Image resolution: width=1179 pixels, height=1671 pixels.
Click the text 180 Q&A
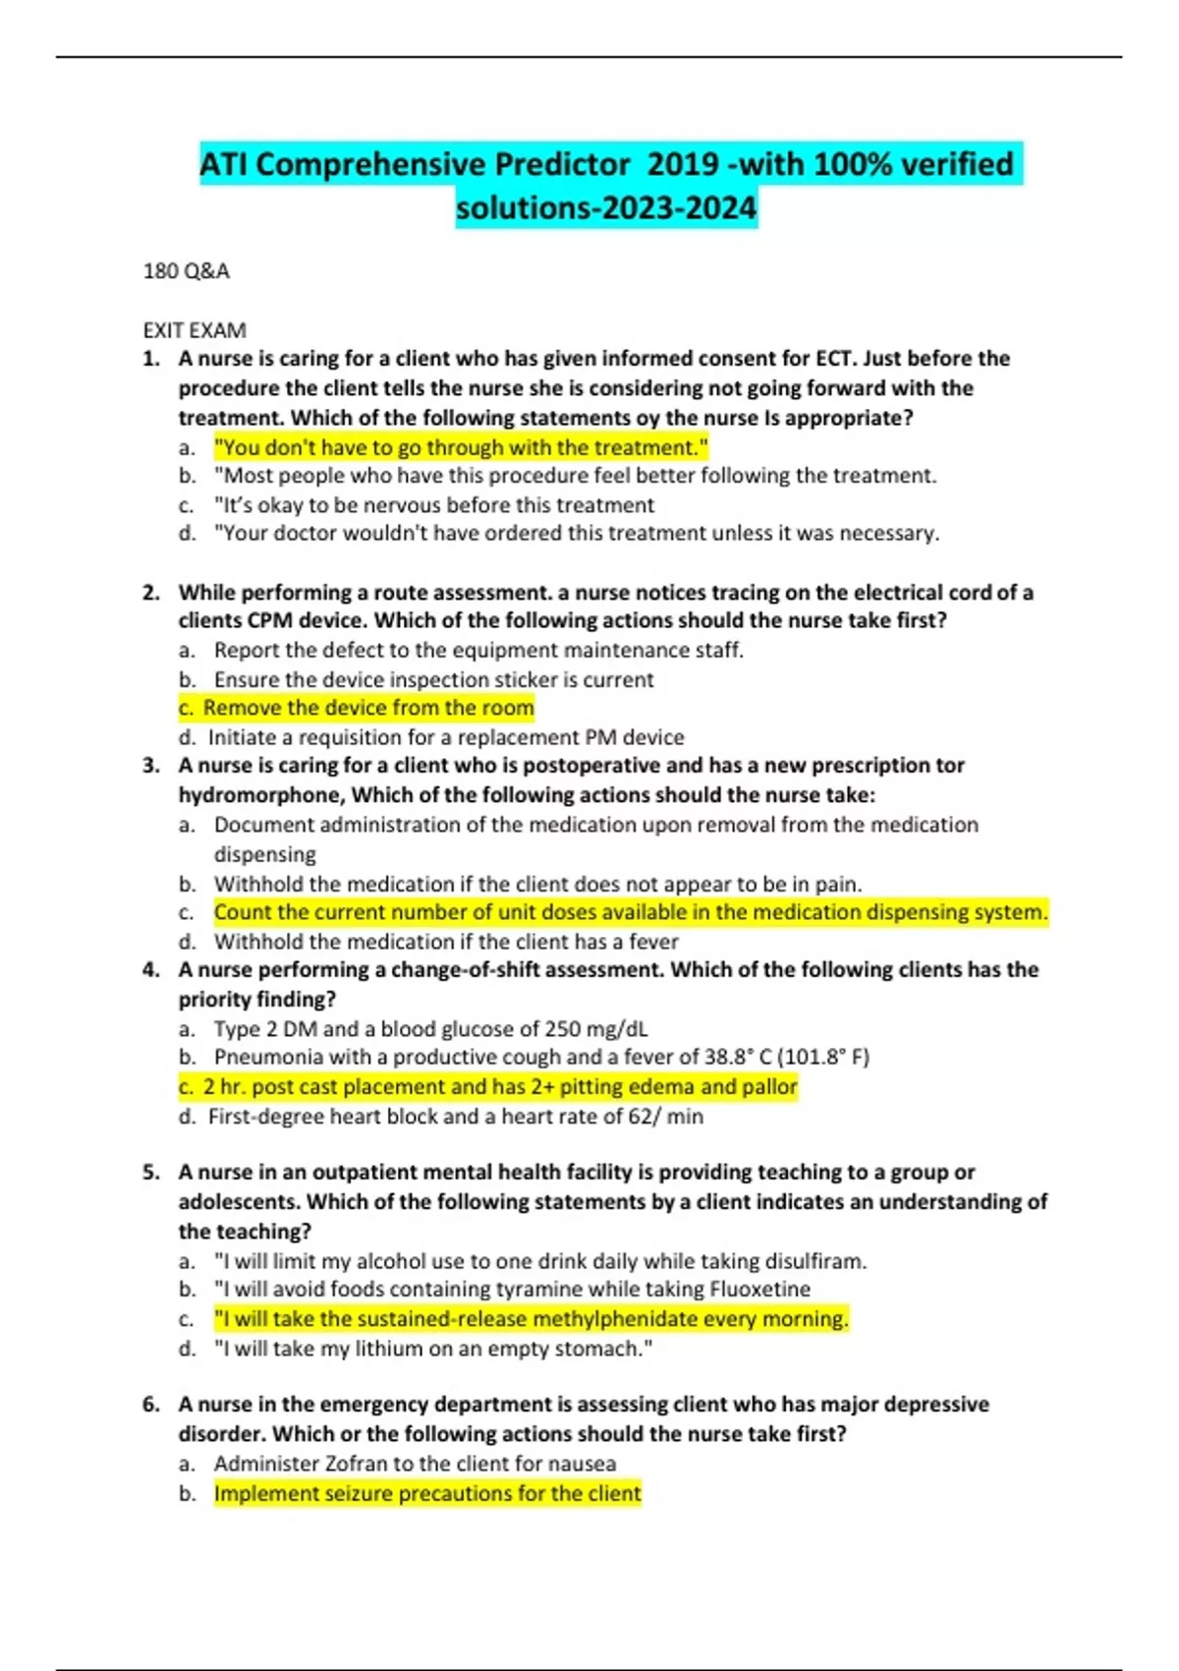click(186, 271)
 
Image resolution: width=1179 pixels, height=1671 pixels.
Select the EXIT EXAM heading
click(195, 330)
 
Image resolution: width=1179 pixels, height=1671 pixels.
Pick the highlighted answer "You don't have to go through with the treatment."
click(461, 448)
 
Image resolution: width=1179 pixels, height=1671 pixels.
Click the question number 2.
click(150, 593)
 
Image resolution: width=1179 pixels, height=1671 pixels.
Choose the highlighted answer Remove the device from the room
click(357, 708)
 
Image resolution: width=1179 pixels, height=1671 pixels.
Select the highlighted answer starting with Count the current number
click(631, 912)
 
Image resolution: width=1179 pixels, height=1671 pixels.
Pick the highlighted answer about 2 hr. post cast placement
click(488, 1087)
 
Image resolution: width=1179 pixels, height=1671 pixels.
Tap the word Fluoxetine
click(762, 1290)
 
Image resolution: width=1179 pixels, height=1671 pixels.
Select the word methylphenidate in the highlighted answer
click(600, 1319)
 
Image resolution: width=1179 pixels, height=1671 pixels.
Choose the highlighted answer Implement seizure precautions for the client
click(427, 1494)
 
